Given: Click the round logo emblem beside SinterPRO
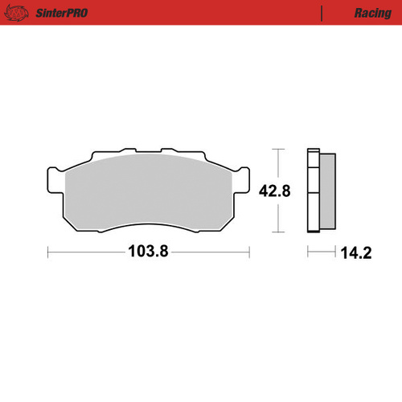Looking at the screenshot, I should tap(22, 13).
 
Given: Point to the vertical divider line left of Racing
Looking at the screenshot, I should tap(322, 13).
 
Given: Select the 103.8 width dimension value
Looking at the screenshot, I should tap(148, 251).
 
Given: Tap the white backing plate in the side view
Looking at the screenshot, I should tap(314, 191).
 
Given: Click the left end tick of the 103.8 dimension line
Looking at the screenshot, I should tap(48, 251).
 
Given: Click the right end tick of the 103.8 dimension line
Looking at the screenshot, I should tap(248, 251).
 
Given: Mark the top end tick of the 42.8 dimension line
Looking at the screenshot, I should tap(278, 150).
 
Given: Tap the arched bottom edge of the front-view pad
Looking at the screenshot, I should tap(148, 231).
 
